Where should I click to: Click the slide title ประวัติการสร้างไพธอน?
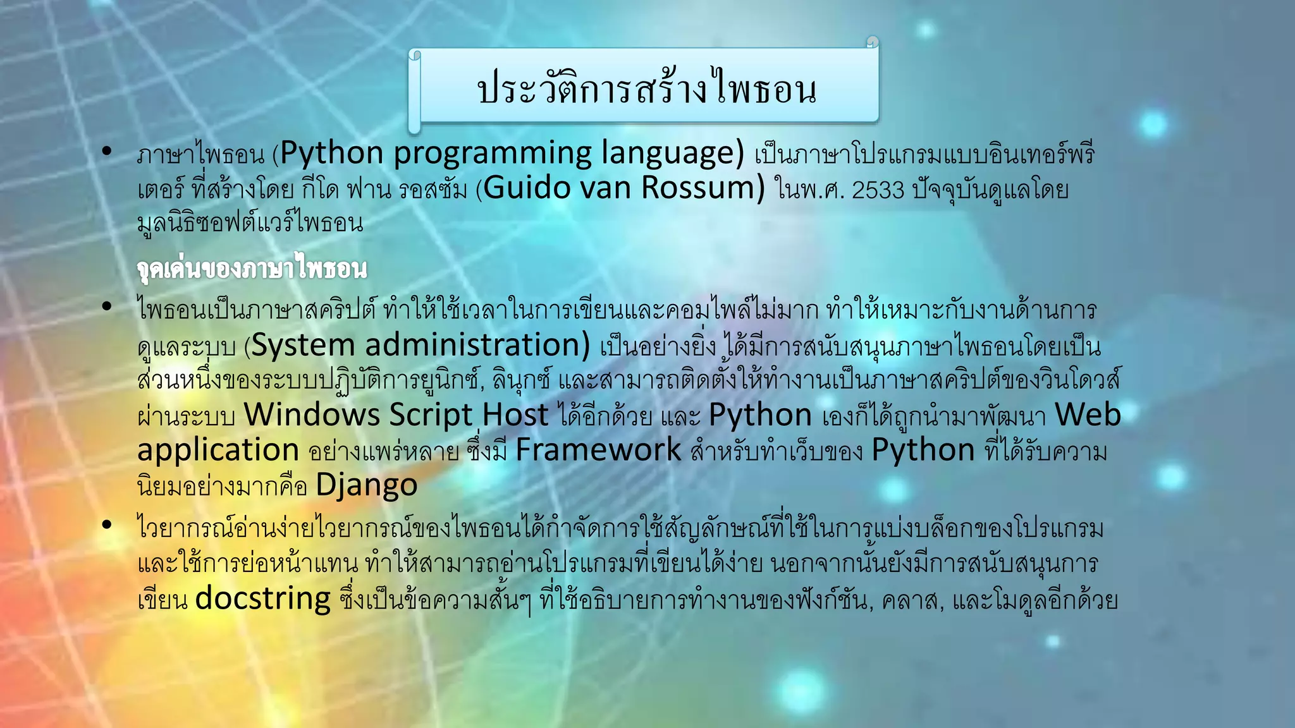(646, 88)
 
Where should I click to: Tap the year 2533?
(878, 190)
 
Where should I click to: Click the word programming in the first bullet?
(493, 154)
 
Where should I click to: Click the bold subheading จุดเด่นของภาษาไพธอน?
(252, 268)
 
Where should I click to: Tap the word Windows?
(312, 415)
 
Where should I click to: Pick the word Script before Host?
(431, 415)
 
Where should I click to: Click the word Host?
(515, 415)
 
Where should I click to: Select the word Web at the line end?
(1088, 415)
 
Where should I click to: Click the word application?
(218, 450)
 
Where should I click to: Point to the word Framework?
(598, 450)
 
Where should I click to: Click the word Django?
(366, 485)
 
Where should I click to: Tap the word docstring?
(262, 598)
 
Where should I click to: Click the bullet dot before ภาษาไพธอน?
(107, 151)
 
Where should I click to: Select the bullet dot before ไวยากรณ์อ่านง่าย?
(107, 525)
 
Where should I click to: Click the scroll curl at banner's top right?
(872, 42)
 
